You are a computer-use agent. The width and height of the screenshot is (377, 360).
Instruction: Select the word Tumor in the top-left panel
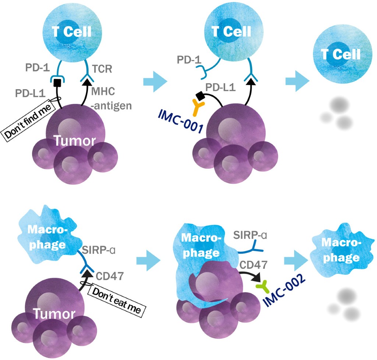(x=72, y=141)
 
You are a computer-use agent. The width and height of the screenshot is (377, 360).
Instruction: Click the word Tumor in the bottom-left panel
(x=53, y=314)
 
